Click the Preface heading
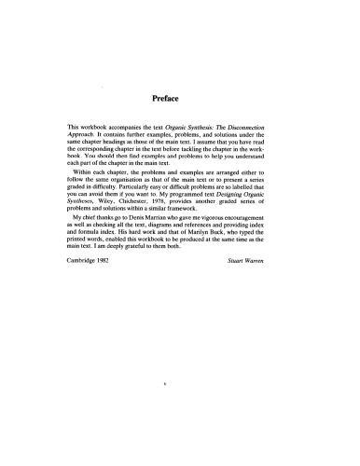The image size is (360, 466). (x=179, y=94)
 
